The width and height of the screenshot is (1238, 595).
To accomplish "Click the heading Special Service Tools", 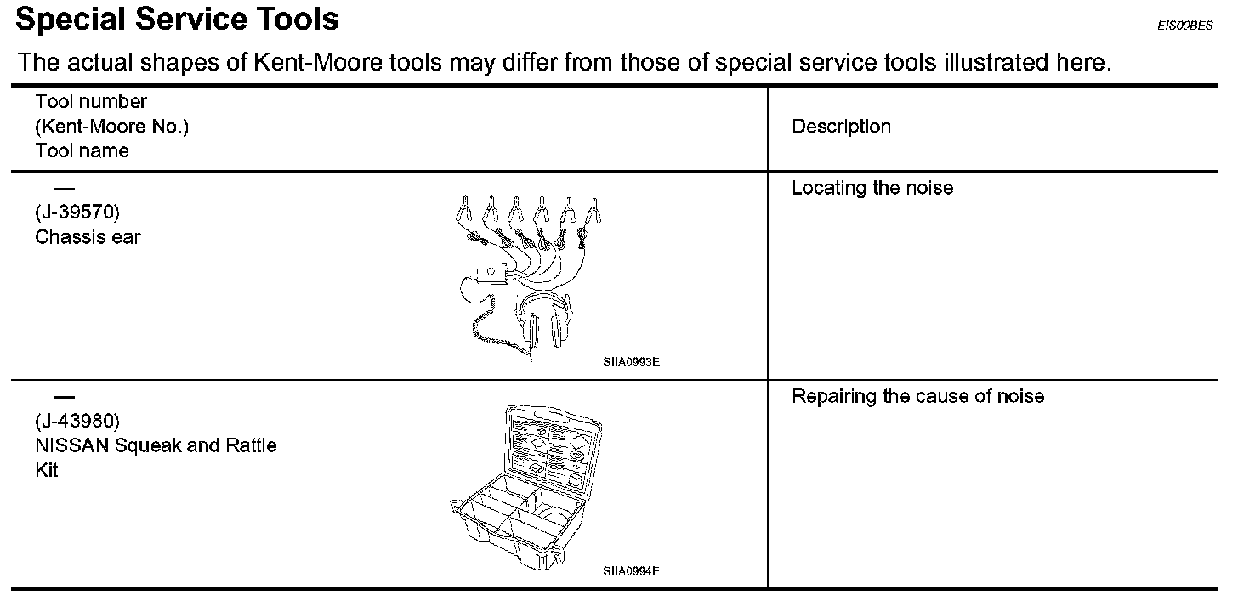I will click(177, 20).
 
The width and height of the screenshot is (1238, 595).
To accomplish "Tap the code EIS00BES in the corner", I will click(1184, 26).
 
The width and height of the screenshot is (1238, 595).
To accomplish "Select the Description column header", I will click(841, 127).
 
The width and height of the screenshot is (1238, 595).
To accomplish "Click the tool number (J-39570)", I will click(77, 212).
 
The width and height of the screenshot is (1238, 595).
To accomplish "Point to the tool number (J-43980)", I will click(77, 421).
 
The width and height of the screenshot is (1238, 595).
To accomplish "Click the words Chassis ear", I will click(88, 237).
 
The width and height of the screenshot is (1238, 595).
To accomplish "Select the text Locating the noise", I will click(872, 188).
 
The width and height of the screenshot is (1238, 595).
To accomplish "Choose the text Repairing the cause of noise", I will click(917, 396).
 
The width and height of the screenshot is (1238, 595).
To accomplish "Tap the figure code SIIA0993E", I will click(631, 362).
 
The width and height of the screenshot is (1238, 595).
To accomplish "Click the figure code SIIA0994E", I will click(631, 570).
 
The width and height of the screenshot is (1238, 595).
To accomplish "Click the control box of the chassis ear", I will click(491, 272).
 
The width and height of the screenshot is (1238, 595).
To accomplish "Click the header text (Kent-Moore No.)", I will click(111, 127).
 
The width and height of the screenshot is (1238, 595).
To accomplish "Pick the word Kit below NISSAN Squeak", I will click(47, 470).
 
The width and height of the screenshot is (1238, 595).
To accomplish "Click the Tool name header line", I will click(82, 151).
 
